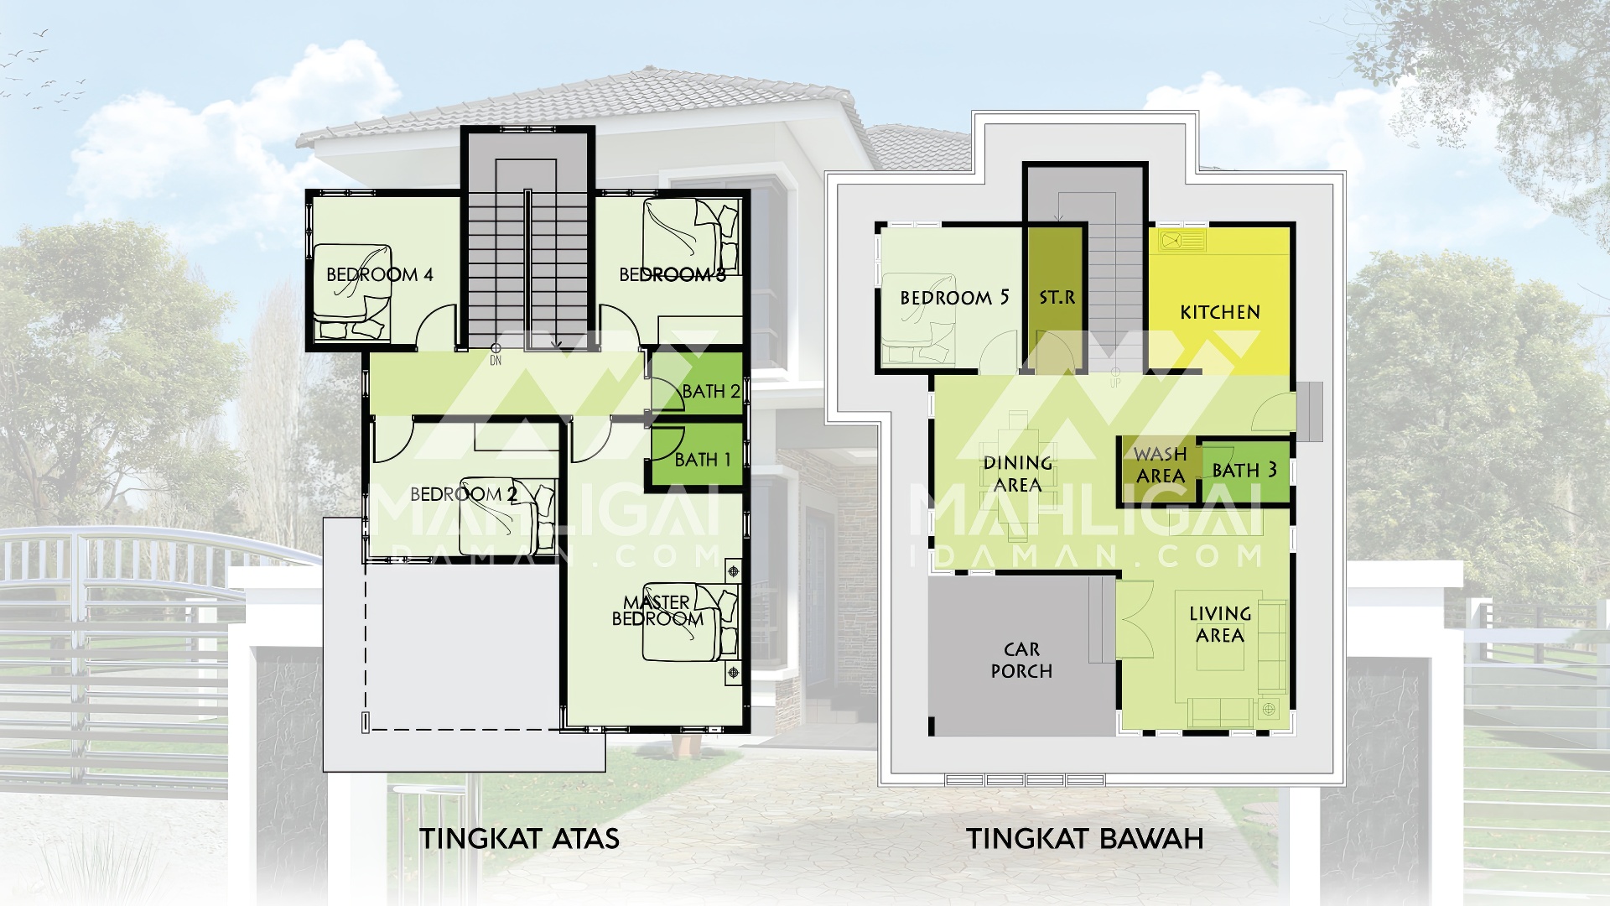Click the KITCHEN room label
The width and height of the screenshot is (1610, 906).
(1220, 312)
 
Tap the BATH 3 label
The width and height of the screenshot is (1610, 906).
(1244, 471)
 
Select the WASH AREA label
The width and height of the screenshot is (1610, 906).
(1161, 465)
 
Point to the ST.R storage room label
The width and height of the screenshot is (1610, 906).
(1057, 298)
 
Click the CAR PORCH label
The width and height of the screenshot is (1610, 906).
(1021, 660)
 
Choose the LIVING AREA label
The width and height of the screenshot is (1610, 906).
(1220, 624)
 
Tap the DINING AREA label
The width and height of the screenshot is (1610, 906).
(1018, 474)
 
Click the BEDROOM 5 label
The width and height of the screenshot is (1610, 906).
(954, 298)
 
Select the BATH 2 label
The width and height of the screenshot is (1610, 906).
(711, 391)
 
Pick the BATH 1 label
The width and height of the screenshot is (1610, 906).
(703, 460)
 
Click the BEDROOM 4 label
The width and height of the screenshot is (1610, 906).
(379, 274)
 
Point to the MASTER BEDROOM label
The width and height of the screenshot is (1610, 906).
(657, 611)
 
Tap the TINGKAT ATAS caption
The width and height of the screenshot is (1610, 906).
(519, 838)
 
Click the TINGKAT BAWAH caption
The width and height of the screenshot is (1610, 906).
(1084, 838)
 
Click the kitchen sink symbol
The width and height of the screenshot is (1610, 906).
(1182, 242)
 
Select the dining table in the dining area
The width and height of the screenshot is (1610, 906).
(1018, 474)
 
